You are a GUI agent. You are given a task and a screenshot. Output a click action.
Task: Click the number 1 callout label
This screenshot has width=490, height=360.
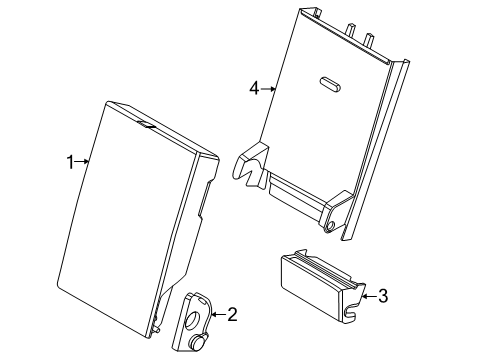(71, 161)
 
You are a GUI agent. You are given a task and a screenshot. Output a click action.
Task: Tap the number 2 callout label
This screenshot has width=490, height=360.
(232, 315)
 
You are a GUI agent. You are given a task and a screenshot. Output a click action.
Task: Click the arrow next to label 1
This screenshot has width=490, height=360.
(85, 161)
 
